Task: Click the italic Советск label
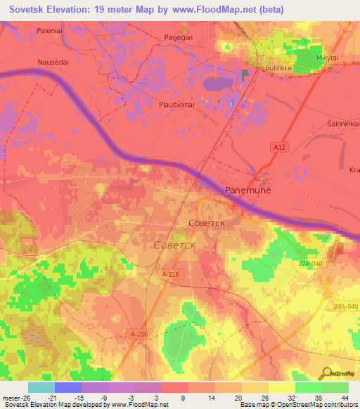coord(174,245)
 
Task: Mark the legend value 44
coord(344,397)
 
